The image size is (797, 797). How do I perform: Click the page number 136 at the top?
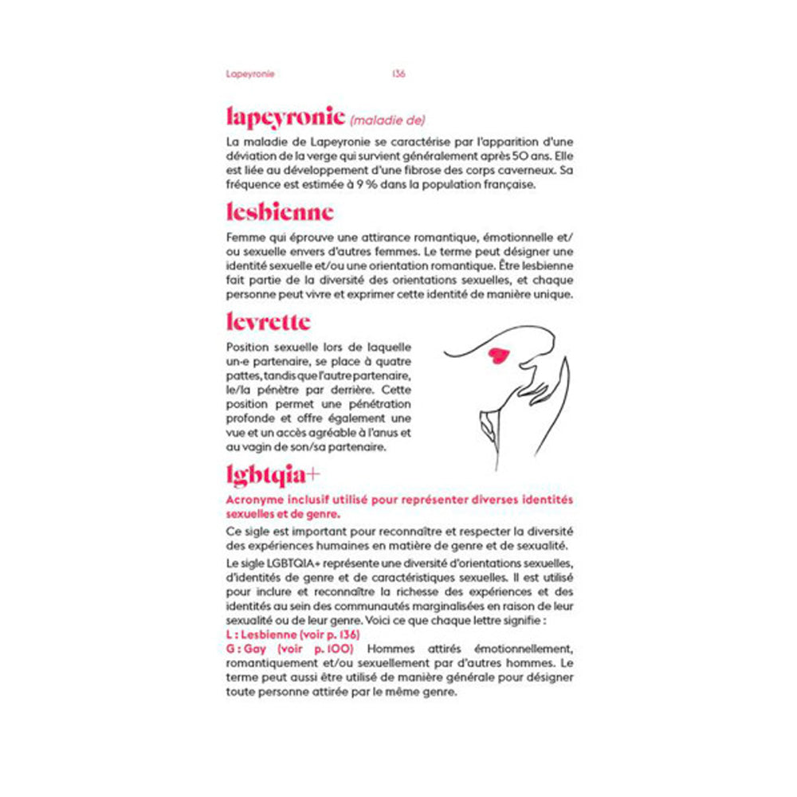[x=399, y=73]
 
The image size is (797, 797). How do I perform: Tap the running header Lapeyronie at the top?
[x=249, y=73]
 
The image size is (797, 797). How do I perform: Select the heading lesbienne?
[x=280, y=213]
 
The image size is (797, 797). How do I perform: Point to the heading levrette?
[x=268, y=323]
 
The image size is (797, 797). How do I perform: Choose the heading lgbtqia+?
[x=273, y=475]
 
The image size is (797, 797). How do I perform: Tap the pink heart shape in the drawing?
[x=498, y=355]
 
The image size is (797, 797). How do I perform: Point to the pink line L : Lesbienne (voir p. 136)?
[x=292, y=634]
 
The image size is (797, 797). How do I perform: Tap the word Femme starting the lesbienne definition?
[x=244, y=238]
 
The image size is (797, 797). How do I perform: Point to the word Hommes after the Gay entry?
[x=393, y=649]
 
